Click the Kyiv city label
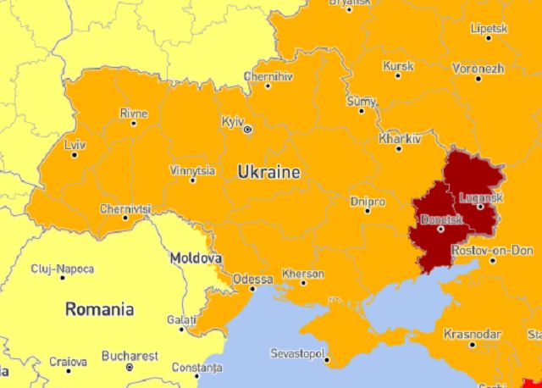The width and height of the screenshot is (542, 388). [x=232, y=121]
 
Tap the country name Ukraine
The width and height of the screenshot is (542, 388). [x=268, y=172]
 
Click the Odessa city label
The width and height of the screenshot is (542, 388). [x=253, y=278]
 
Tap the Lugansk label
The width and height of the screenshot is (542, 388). [x=480, y=197]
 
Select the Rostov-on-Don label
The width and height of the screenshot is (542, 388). [x=493, y=250]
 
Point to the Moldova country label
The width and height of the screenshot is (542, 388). [x=196, y=257]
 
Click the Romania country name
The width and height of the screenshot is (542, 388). [x=99, y=308]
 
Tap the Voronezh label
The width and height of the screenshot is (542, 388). [x=478, y=68]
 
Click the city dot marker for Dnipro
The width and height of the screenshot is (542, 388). [x=368, y=211]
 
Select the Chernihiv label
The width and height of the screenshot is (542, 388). [x=268, y=75]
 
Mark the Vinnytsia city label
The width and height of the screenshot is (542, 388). [x=192, y=169]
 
